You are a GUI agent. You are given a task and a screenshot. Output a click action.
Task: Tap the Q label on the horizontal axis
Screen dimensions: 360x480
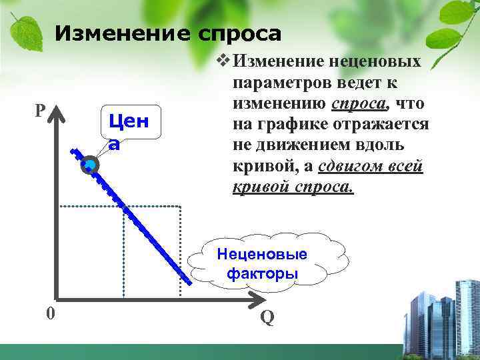click(267, 318)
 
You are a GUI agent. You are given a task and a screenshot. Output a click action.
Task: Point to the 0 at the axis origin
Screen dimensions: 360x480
click(51, 314)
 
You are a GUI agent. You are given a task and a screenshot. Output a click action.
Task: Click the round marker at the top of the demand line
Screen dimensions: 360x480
click(89, 165)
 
